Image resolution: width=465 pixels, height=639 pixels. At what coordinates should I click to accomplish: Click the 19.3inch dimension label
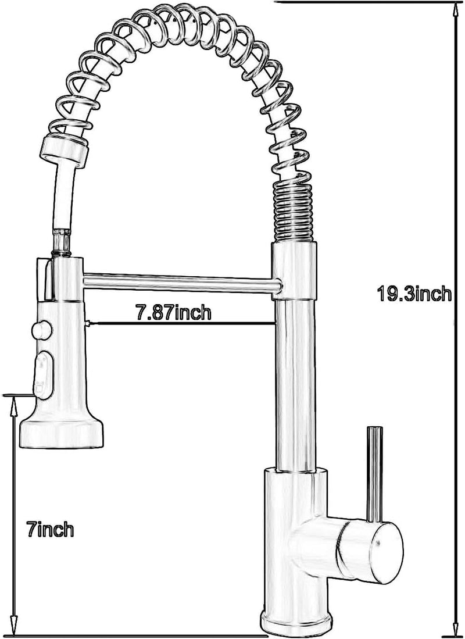tap(414, 294)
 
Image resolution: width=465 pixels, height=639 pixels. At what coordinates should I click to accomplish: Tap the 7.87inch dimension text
tap(173, 312)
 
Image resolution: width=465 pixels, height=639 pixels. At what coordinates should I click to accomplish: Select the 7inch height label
tap(51, 529)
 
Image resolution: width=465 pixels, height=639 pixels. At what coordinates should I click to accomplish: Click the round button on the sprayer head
tap(42, 329)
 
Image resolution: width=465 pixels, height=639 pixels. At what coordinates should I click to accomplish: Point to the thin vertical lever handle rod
tap(374, 474)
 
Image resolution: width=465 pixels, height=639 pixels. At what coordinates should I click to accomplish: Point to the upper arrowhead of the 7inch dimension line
tap(15, 404)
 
